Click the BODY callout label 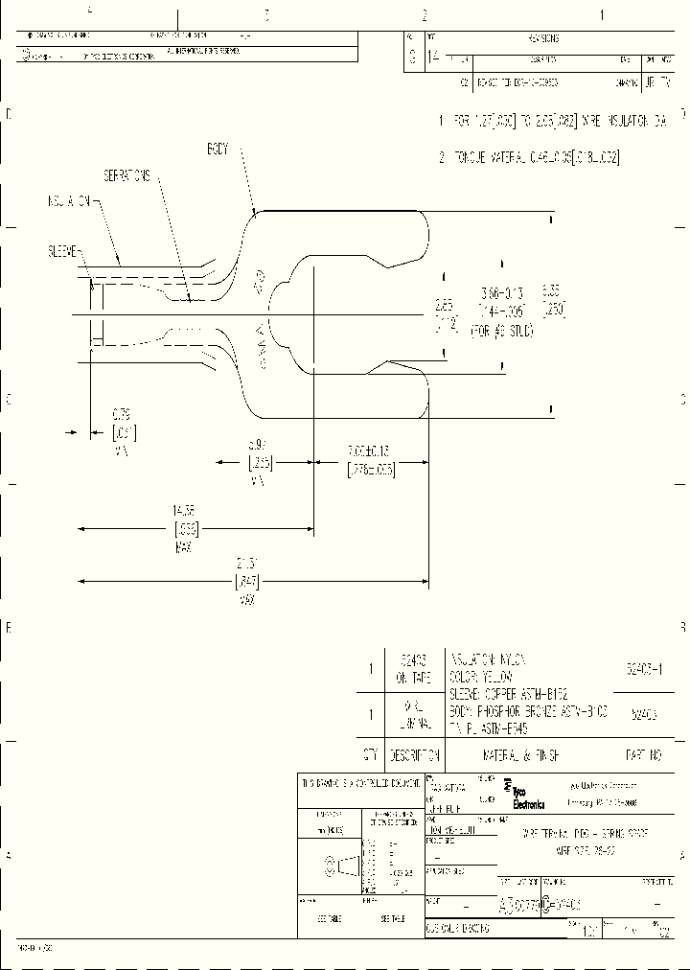click(219, 150)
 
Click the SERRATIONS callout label click(127, 177)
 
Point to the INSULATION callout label click(68, 202)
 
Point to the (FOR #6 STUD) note click(500, 331)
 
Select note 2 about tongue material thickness click(529, 157)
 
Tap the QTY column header click(370, 754)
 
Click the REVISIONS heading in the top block click(542, 38)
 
